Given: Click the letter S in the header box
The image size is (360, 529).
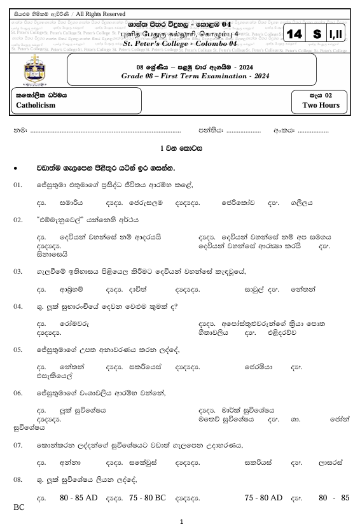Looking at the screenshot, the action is (x=317, y=34).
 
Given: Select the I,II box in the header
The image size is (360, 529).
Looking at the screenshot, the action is (x=336, y=34).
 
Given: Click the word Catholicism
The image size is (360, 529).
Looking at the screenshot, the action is (x=36, y=106).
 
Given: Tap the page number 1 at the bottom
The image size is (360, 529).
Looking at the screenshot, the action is (x=181, y=522).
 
